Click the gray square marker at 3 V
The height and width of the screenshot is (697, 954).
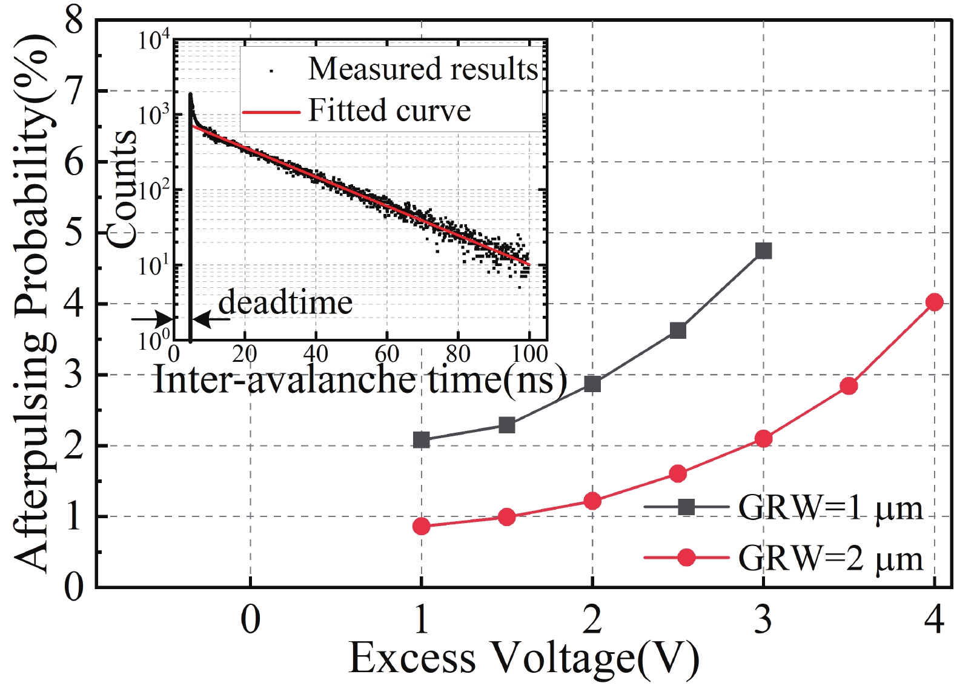coord(763,250)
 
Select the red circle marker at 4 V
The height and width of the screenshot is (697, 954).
coord(934,302)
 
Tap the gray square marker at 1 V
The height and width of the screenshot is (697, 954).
coord(421,440)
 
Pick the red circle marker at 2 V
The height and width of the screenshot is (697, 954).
coord(592,501)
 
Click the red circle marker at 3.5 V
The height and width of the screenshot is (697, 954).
coord(849,385)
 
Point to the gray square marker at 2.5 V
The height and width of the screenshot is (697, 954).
coord(678,330)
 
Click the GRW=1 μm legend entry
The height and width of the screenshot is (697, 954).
coord(830,507)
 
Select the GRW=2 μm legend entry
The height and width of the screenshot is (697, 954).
coord(830,558)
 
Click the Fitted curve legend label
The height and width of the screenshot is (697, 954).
coord(389,111)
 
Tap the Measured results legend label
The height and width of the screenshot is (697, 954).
coord(423,68)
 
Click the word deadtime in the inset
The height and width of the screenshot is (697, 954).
coord(285,302)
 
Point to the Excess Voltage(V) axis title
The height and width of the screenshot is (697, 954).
coord(523,659)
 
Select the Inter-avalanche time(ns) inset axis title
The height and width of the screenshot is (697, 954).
coord(360,380)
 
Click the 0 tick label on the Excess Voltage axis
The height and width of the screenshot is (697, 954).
coord(250,619)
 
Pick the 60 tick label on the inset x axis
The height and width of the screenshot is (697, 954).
coord(386,354)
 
